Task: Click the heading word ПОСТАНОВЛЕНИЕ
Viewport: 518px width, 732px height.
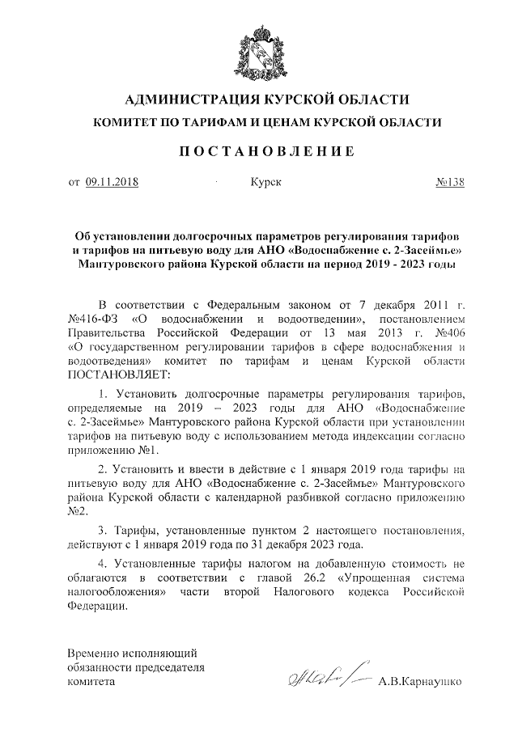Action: [x=259, y=151]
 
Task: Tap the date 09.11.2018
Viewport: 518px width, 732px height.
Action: [x=113, y=182]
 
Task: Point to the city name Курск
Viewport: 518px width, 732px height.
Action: [x=265, y=182]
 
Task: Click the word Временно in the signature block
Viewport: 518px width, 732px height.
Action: [x=92, y=653]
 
